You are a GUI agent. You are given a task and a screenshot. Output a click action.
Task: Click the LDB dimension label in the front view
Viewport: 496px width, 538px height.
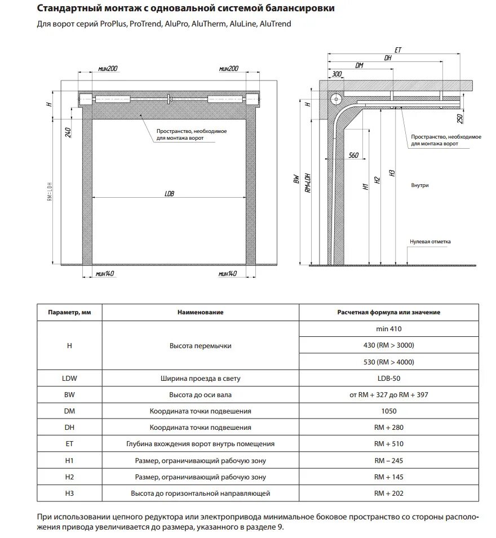pyautogui.click(x=170, y=193)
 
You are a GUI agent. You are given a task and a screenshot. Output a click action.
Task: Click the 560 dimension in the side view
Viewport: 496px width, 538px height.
pyautogui.click(x=353, y=155)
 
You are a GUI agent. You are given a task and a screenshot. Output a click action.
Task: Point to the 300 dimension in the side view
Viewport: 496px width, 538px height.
pyautogui.click(x=337, y=74)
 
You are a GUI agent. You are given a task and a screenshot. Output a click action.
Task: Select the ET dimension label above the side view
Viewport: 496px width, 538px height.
pyautogui.click(x=398, y=50)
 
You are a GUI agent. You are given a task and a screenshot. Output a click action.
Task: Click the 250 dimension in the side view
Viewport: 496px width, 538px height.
pyautogui.click(x=460, y=119)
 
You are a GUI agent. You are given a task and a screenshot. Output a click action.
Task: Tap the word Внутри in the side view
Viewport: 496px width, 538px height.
pyautogui.click(x=420, y=185)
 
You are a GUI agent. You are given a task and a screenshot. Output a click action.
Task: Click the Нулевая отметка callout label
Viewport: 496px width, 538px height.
pyautogui.click(x=431, y=242)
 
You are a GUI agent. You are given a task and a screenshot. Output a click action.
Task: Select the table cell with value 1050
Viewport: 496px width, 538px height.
pyautogui.click(x=388, y=411)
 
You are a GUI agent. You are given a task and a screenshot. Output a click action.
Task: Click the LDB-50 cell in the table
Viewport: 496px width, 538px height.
pyautogui.click(x=388, y=379)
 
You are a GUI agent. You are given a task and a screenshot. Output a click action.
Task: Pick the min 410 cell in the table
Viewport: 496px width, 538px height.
pyautogui.click(x=388, y=329)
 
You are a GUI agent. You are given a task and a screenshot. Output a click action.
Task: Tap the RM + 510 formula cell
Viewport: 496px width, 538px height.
pyautogui.click(x=388, y=444)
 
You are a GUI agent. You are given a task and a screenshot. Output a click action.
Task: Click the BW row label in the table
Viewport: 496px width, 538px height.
pyautogui.click(x=69, y=395)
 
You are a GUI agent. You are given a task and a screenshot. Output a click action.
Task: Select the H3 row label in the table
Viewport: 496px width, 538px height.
pyautogui.click(x=69, y=493)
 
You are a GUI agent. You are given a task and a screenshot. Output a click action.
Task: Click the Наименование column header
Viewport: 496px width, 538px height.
pyautogui.click(x=200, y=312)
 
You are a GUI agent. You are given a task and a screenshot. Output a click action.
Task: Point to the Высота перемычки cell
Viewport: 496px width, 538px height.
pyautogui.click(x=200, y=345)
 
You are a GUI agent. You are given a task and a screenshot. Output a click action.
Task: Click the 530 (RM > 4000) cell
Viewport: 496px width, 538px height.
pyautogui.click(x=388, y=362)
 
